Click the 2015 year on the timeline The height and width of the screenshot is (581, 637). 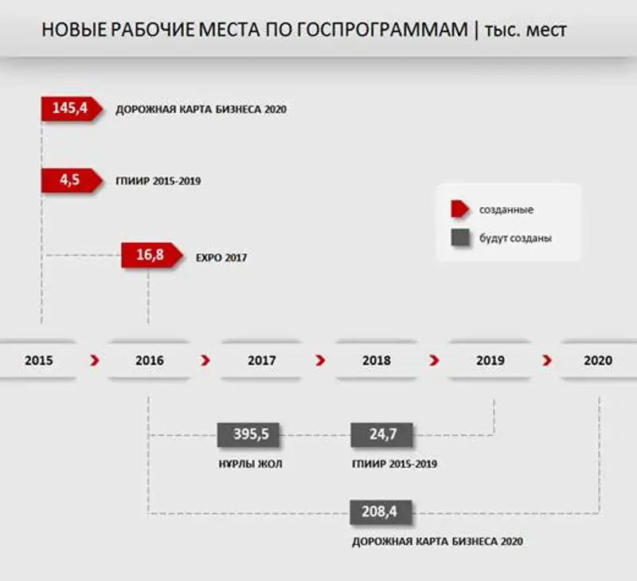pyautogui.click(x=39, y=360)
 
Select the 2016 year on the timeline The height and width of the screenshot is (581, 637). pyautogui.click(x=150, y=360)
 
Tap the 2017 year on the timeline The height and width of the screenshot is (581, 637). pyautogui.click(x=262, y=360)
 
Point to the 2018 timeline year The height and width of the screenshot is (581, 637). pyautogui.click(x=377, y=360)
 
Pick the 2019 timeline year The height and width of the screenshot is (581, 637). pyautogui.click(x=490, y=360)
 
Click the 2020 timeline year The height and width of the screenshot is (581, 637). pyautogui.click(x=598, y=360)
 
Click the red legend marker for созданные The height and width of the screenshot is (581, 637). pyautogui.click(x=460, y=210)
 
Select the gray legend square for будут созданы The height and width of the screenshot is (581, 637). pyautogui.click(x=459, y=238)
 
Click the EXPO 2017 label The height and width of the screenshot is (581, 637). pyautogui.click(x=221, y=258)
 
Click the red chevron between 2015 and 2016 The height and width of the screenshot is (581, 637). pyautogui.click(x=96, y=360)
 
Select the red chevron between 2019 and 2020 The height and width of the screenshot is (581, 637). pyautogui.click(x=547, y=360)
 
